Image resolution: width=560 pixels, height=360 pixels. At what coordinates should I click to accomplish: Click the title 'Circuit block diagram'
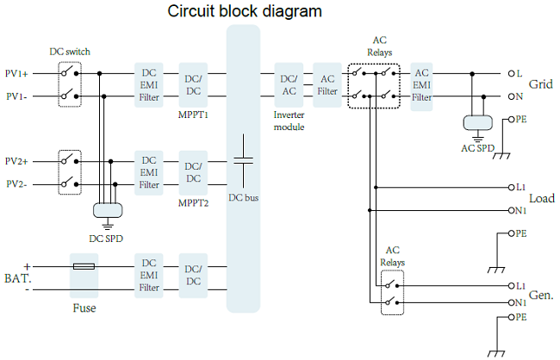click(245, 11)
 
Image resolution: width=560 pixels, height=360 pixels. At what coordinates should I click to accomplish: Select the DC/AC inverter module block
click(289, 85)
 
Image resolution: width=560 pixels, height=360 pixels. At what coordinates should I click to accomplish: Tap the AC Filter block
click(327, 85)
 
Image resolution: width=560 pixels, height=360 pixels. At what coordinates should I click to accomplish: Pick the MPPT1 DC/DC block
click(193, 85)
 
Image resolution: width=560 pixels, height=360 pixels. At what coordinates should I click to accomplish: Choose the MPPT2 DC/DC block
click(193, 173)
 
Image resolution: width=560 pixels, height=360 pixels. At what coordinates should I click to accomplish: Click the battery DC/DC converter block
click(193, 276)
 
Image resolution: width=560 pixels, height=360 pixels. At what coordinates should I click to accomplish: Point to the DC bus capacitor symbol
click(244, 161)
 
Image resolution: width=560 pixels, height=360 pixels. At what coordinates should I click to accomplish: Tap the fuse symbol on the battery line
click(84, 266)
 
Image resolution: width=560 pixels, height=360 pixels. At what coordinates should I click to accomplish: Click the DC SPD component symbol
click(108, 210)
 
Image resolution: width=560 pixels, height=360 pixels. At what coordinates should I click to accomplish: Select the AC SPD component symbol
click(478, 123)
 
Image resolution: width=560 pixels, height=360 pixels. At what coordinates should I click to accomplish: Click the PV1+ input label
click(16, 73)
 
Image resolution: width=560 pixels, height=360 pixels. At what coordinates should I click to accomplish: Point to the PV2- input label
click(16, 184)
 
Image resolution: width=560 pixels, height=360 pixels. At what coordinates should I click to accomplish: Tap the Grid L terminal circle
click(511, 73)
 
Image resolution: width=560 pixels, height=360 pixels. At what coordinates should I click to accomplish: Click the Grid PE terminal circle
click(511, 120)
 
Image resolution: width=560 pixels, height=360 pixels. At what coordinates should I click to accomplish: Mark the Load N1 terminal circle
click(511, 210)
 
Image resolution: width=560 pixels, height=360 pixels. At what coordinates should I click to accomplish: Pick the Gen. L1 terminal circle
click(511, 286)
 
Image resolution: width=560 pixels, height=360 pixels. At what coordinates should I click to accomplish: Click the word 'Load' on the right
click(542, 199)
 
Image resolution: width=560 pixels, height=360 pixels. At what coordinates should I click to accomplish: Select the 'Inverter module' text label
click(289, 121)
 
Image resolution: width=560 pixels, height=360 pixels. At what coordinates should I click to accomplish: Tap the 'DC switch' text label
click(70, 52)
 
